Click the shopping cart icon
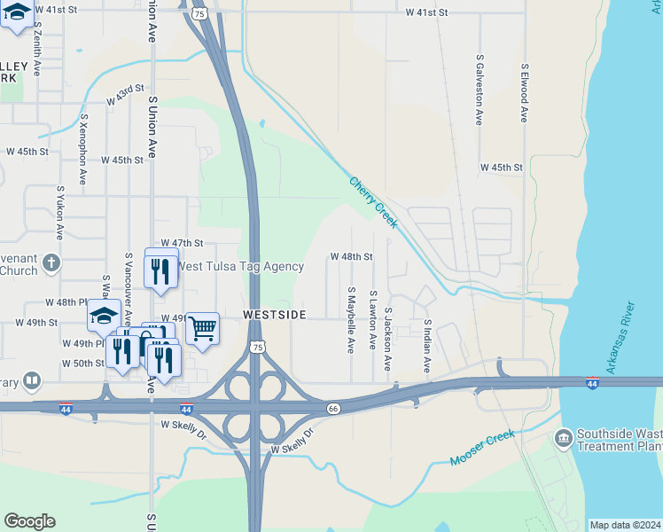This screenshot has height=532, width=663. tap(202, 329)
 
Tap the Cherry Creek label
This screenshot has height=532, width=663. tap(373, 201)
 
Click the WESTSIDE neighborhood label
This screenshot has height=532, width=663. tap(276, 315)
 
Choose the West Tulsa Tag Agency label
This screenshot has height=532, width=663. tap(240, 266)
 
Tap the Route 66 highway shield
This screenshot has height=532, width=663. tap(333, 409)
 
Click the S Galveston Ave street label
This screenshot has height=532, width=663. tap(479, 90)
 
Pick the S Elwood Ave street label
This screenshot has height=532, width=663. tap(525, 92)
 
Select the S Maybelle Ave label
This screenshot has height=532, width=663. tap(351, 320)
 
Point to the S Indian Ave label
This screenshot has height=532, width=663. tap(426, 347)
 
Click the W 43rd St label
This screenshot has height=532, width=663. tap(125, 92)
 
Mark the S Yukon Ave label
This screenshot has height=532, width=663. tap(60, 213)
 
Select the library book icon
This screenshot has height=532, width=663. tap(32, 381)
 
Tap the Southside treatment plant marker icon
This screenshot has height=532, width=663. tap(563, 438)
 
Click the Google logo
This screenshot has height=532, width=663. tap(29, 521)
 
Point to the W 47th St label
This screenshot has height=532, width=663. tap(182, 243)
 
